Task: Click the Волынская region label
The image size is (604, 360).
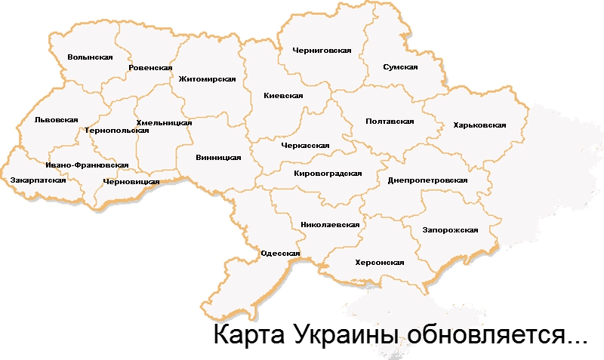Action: tap(90, 57)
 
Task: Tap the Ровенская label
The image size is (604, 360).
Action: tap(151, 68)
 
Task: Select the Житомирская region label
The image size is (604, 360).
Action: tap(208, 78)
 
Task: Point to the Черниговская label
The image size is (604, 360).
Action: tap(322, 50)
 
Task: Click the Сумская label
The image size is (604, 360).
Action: tap(400, 67)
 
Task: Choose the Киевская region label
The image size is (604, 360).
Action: tap(283, 96)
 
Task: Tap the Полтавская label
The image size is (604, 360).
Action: tap(390, 121)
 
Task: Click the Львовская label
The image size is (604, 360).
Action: tap(57, 119)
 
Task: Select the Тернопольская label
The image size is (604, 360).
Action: tap(117, 130)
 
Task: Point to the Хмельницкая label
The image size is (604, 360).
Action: tap(164, 122)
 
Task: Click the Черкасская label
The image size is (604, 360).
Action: tap(305, 145)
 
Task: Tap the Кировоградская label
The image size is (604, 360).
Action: tap(328, 173)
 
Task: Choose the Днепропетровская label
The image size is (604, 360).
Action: tap(427, 181)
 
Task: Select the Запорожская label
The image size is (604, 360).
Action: tap(451, 229)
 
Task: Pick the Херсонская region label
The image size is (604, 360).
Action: tap(380, 263)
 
